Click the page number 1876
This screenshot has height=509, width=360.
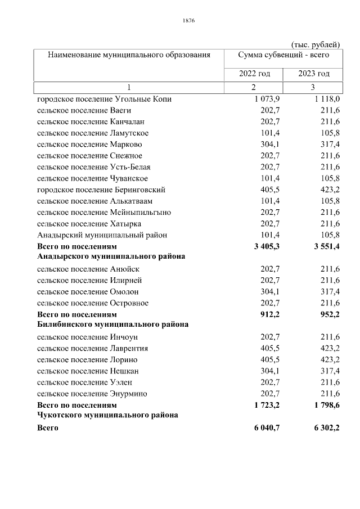(x=188, y=21)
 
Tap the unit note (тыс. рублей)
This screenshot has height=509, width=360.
(x=315, y=44)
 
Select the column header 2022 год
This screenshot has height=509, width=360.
(x=254, y=74)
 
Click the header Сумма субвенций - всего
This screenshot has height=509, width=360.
(x=283, y=55)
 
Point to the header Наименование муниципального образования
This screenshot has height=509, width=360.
(x=129, y=55)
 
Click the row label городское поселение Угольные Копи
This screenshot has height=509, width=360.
(x=104, y=99)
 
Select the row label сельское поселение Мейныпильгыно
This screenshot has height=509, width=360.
(x=104, y=212)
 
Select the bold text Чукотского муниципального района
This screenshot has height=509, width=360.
(x=107, y=415)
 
